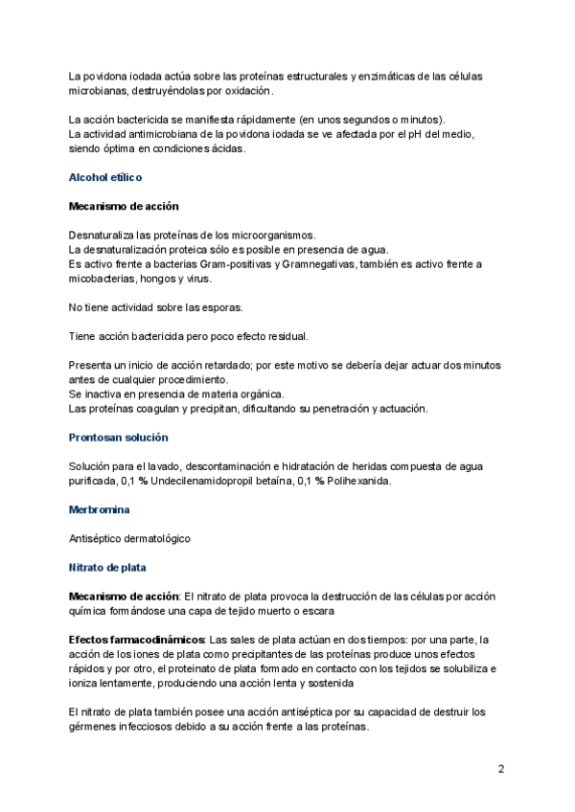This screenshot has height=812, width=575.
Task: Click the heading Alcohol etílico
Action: pyautogui.click(x=105, y=177)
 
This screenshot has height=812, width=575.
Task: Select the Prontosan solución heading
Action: pyautogui.click(x=118, y=437)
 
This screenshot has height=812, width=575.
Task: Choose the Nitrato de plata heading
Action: pyautogui.click(x=107, y=567)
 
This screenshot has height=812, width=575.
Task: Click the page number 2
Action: pyautogui.click(x=501, y=769)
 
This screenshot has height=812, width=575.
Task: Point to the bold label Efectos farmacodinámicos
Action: pyautogui.click(x=135, y=640)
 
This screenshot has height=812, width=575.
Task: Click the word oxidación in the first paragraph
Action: pyautogui.click(x=247, y=91)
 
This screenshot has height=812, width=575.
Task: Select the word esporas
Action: pyautogui.click(x=218, y=307)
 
